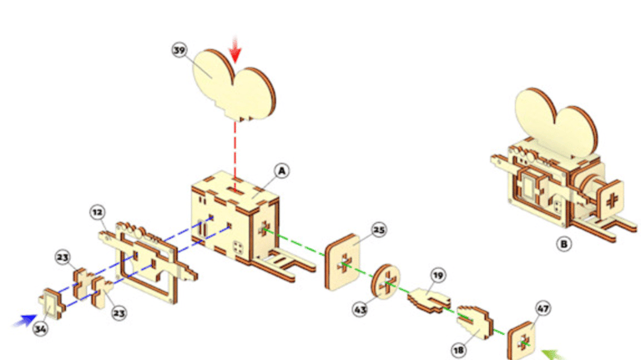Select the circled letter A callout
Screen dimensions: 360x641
point(282,170)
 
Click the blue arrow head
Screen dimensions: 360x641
point(27,318)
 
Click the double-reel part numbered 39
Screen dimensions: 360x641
point(234,84)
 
